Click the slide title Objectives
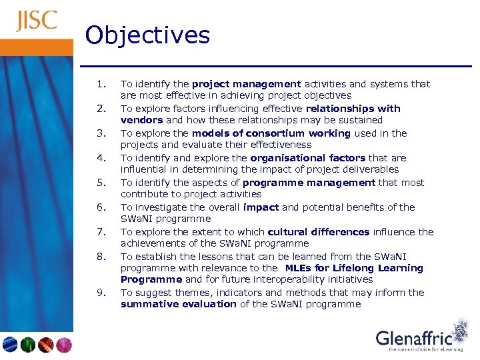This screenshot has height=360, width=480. (x=147, y=35)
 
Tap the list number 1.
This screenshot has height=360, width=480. (x=101, y=84)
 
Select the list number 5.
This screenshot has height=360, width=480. (x=101, y=182)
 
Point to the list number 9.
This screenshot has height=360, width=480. (x=101, y=292)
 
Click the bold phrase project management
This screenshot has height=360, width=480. (x=246, y=84)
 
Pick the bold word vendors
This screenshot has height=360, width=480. (x=141, y=121)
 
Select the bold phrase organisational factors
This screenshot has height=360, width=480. (x=307, y=158)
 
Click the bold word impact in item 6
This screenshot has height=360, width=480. (x=261, y=207)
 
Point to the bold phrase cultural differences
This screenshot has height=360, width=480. (x=318, y=232)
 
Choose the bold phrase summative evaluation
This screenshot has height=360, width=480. (x=178, y=304)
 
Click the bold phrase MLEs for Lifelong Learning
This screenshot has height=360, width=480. (x=353, y=268)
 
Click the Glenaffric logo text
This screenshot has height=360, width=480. (x=414, y=338)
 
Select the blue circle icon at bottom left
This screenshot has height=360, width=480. (x=9, y=345)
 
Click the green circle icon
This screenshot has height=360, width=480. (x=27, y=345)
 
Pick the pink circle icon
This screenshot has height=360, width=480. (x=64, y=345)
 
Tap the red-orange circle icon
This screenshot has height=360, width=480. (x=46, y=345)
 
